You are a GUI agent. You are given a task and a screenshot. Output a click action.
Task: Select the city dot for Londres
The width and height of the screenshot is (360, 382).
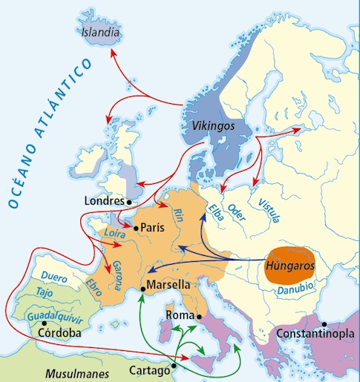click(x=128, y=201)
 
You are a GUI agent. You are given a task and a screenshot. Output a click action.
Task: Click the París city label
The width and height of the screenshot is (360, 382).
click(x=153, y=228)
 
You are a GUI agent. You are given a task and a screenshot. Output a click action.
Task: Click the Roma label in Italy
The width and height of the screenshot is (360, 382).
click(x=180, y=314)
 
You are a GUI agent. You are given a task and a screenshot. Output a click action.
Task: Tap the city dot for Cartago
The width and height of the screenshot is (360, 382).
click(x=174, y=365)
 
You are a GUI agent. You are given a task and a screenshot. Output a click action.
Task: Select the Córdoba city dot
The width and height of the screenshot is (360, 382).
click(x=45, y=323)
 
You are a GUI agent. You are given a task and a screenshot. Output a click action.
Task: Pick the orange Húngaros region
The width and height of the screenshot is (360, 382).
click(x=290, y=264)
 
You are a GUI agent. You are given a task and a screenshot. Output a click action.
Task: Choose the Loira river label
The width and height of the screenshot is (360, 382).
click(x=113, y=234)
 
